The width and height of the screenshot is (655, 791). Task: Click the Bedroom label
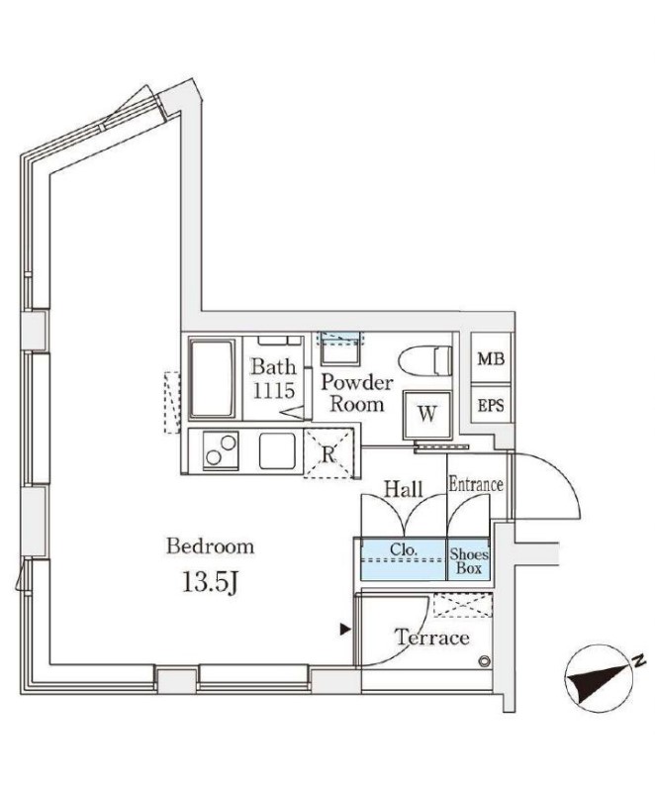[210, 545]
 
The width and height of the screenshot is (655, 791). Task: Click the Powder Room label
[357, 393]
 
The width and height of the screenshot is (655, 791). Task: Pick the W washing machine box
[426, 414]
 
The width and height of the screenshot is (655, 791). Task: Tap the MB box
[489, 359]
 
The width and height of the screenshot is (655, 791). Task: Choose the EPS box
[489, 405]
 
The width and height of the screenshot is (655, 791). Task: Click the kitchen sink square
[278, 453]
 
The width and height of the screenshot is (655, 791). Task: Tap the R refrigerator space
[327, 454]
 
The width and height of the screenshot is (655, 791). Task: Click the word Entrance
[476, 485]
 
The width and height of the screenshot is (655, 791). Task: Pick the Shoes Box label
[469, 561]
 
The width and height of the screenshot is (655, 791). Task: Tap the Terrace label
[432, 638]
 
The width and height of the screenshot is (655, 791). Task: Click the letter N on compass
[638, 660]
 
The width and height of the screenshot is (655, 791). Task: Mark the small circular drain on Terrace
[484, 662]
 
